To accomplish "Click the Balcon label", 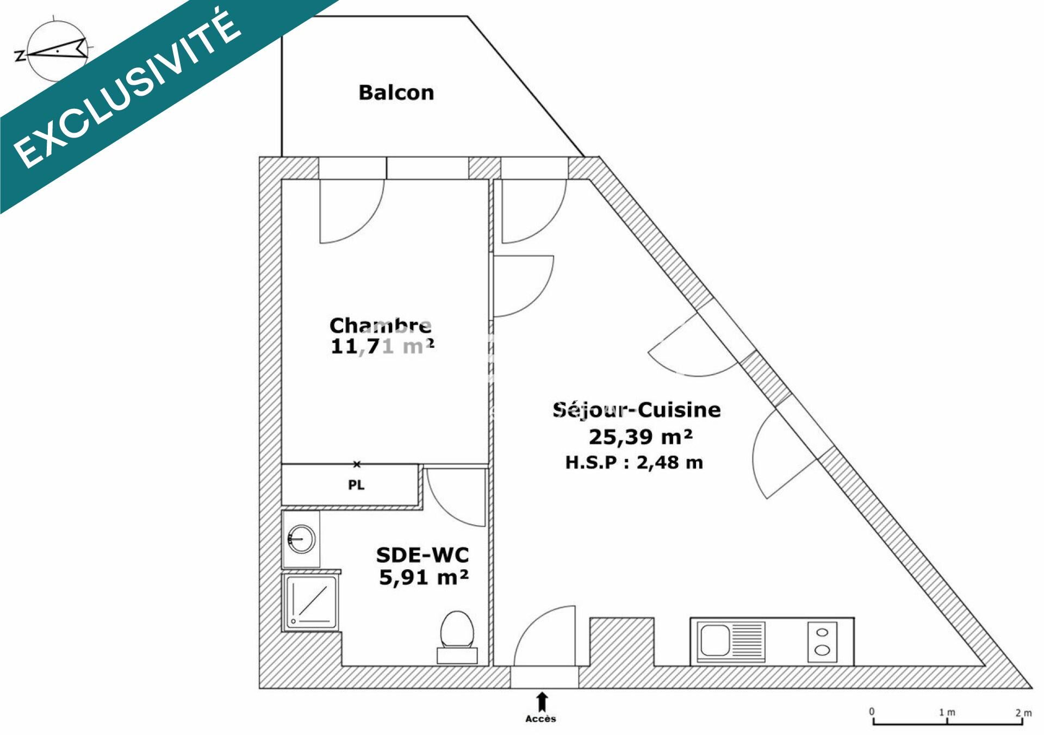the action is pos(396,92).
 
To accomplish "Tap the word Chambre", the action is pos(381,326).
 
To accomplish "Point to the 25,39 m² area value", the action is pos(641,437).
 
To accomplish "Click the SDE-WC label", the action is pos(422,555).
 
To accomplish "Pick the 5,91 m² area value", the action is pos(424,577).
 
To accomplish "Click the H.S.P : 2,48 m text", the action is pos(634,463).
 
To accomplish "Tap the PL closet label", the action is pos(356,485).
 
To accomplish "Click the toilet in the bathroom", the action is pos(457,637).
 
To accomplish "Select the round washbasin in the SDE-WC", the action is pos(301,539).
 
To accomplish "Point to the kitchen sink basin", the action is pos(715,640).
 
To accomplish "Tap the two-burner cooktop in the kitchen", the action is pos(822,641).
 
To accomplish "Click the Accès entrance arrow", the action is pos(542,702).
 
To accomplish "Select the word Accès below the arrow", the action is pos(541,719).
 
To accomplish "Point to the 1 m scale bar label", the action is pos(947,712).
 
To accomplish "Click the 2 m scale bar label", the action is pos(1023,712).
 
